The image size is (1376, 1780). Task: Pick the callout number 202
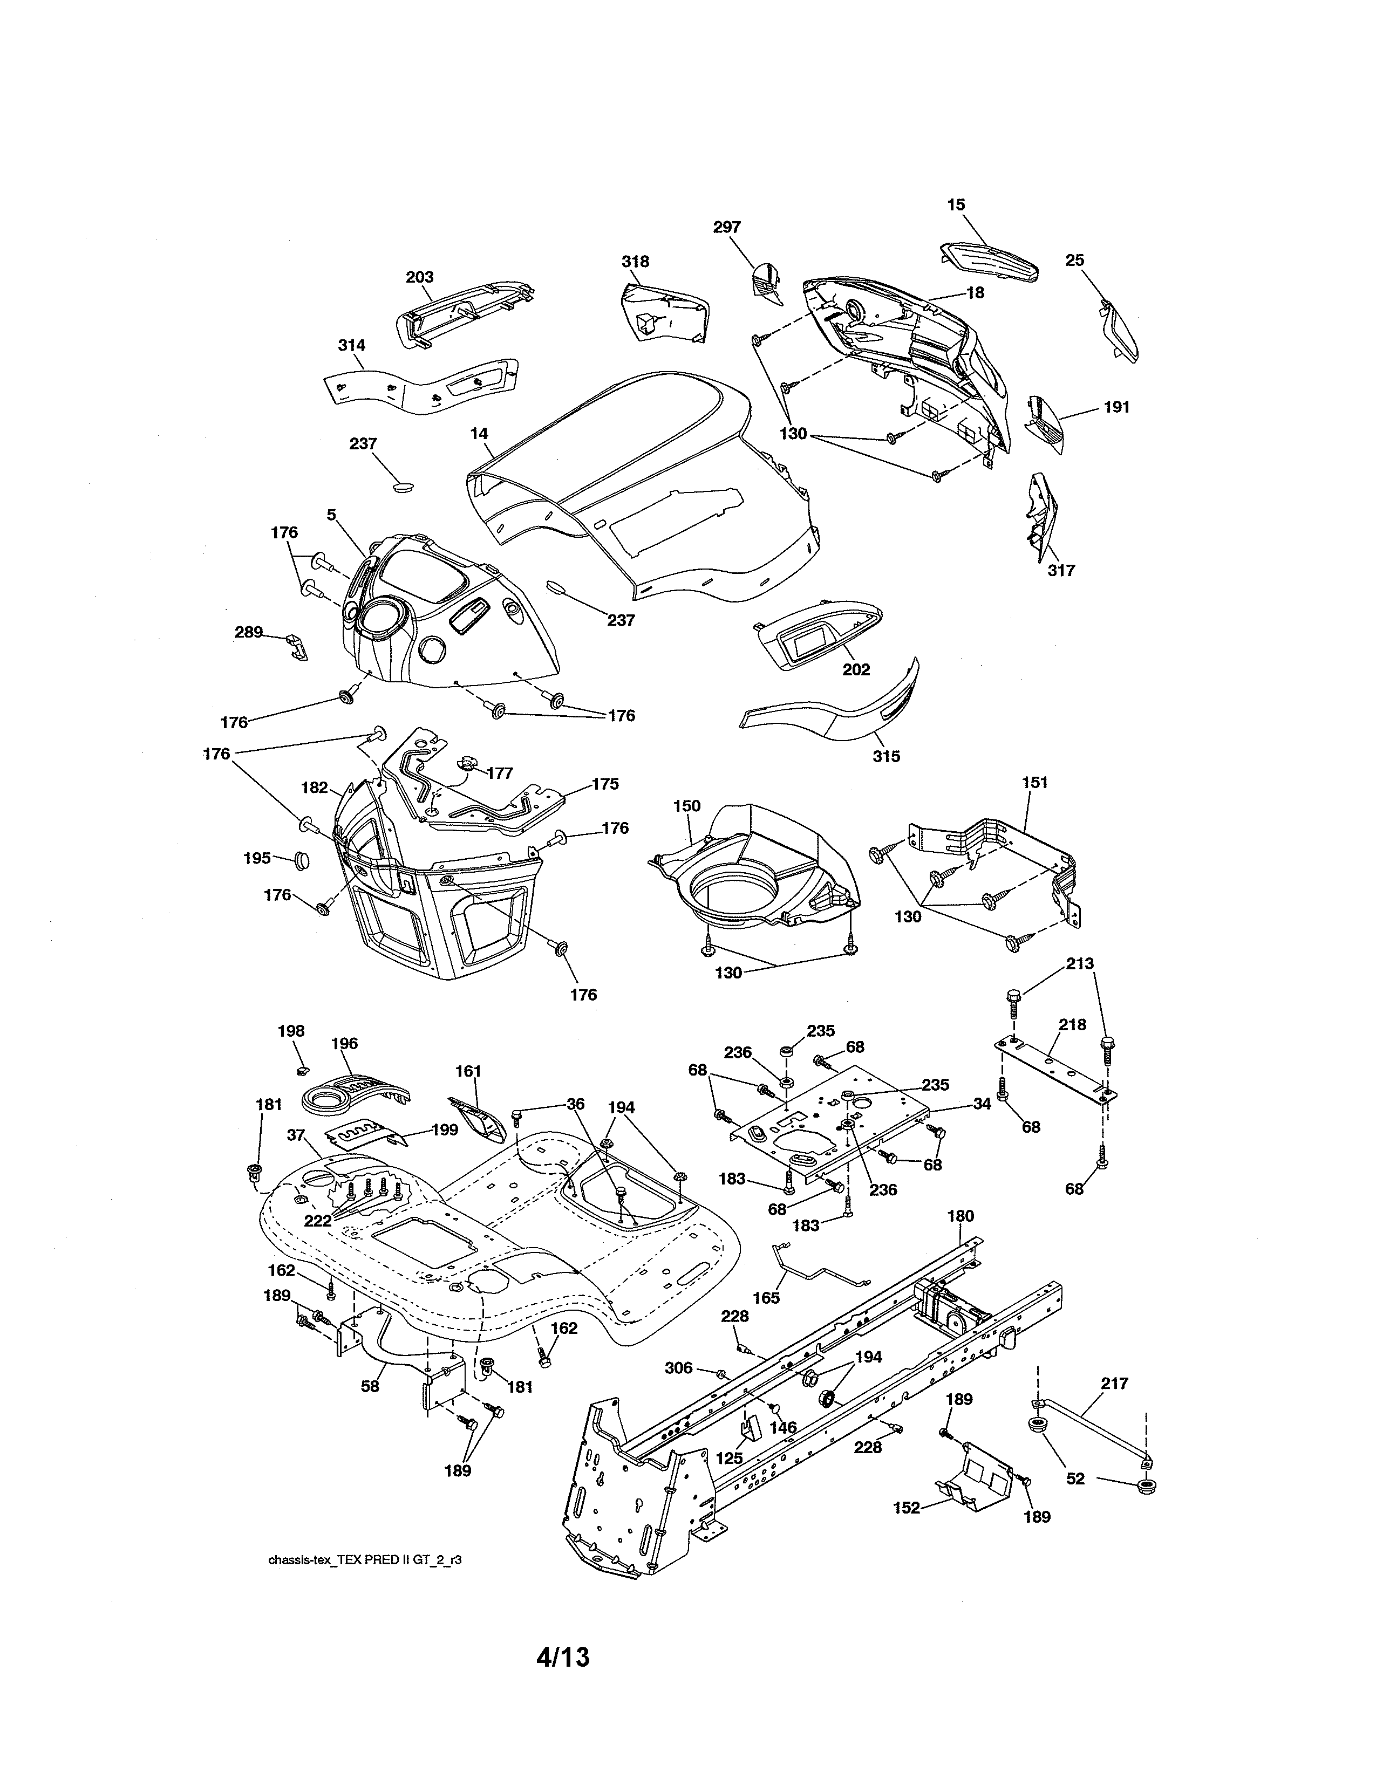pyautogui.click(x=856, y=670)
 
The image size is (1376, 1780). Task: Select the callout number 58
pyautogui.click(x=370, y=1386)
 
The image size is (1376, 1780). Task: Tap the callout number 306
pyautogui.click(x=679, y=1368)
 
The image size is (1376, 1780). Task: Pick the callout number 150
pyautogui.click(x=686, y=806)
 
